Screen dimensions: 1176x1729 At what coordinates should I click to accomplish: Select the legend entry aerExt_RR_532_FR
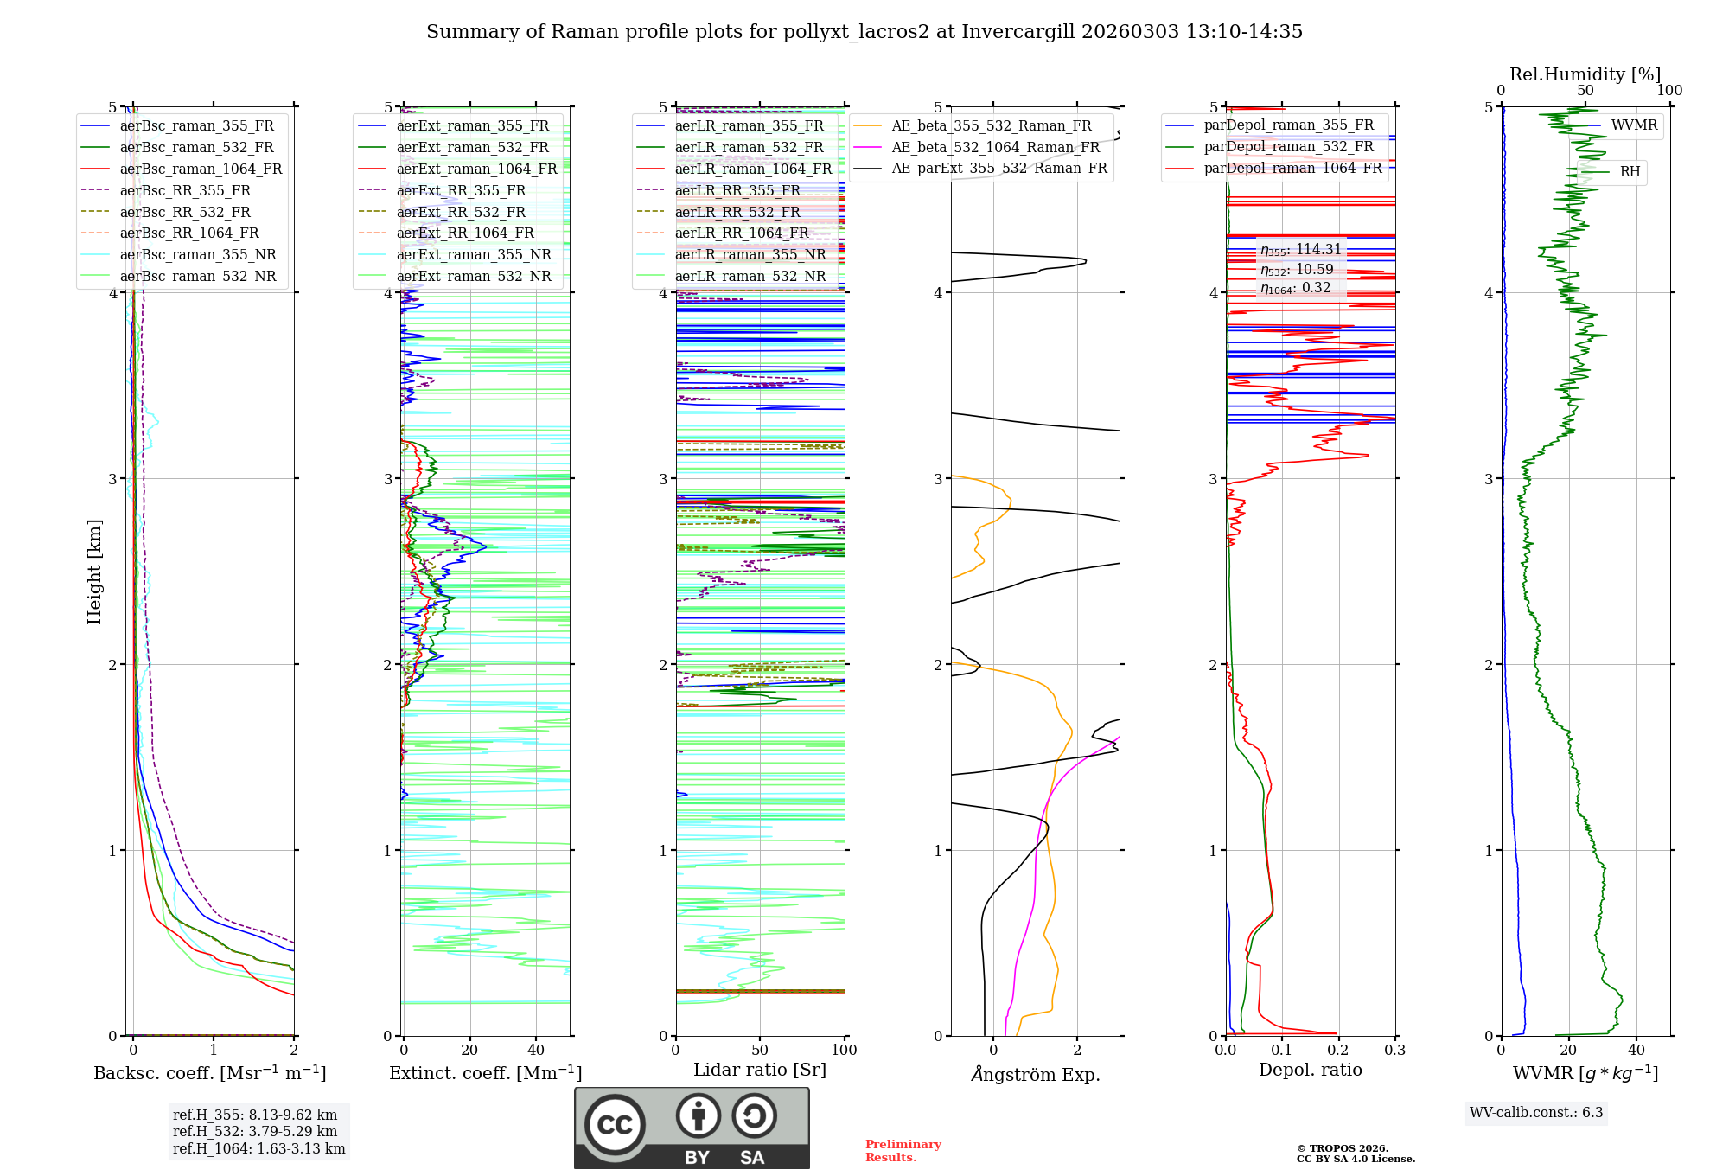coord(461,212)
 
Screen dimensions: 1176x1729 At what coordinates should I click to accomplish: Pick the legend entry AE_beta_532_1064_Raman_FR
coord(995,147)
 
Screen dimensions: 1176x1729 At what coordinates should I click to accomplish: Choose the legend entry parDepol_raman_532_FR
coord(1288,147)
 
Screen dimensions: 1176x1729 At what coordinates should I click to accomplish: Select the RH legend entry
coord(1630,172)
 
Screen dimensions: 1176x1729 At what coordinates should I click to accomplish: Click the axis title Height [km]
coord(94,572)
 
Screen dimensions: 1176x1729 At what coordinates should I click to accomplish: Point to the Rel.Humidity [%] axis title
coord(1585,74)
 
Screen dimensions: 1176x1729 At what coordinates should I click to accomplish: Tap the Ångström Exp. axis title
coord(1035,1075)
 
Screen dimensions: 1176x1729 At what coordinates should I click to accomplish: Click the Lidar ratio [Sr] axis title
coord(760,1071)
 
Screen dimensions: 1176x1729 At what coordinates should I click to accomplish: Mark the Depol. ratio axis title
coord(1310,1071)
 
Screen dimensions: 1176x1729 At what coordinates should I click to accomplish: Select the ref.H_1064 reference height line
coord(258,1149)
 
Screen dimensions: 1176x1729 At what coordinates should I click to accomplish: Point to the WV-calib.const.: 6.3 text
coord(1535,1113)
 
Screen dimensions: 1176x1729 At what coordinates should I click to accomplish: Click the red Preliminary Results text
coord(903,1151)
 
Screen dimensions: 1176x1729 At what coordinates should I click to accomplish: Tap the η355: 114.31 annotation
coord(1300,250)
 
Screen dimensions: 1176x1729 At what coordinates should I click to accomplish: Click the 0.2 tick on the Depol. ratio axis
coord(1338,1051)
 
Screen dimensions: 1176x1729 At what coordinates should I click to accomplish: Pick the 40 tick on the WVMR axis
coord(1636,1051)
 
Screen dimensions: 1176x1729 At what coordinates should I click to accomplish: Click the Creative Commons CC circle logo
coord(615,1125)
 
